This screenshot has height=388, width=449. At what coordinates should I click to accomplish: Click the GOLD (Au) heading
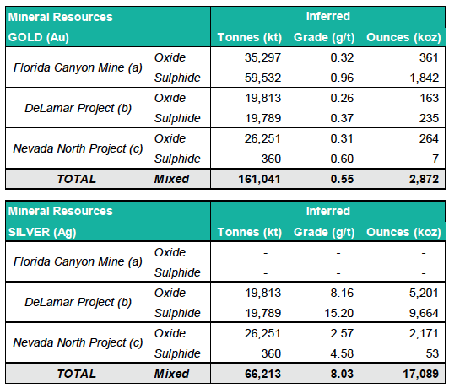40,38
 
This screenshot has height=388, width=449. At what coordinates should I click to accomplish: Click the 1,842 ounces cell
421,78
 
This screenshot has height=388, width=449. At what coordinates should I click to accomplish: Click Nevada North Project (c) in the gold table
77,148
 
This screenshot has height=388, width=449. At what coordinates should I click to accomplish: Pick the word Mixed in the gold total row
171,179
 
